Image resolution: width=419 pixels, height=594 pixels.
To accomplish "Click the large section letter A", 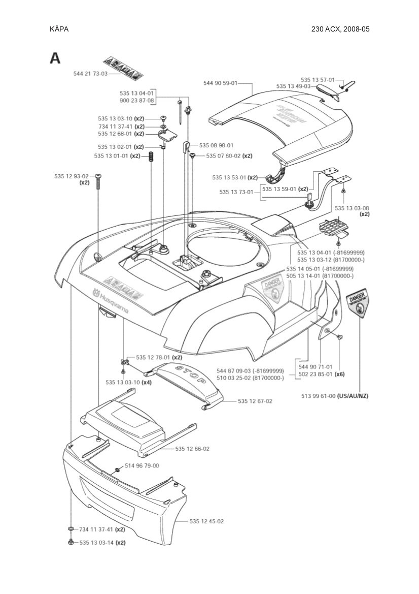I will tap(55, 58).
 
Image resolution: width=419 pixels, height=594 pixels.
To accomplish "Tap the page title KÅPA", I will tap(59, 29).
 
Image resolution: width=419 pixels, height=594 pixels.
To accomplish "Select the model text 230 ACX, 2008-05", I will tap(340, 29).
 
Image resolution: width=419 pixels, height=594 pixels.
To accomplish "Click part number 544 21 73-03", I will tap(90, 74).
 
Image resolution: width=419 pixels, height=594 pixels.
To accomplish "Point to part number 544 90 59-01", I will tap(220, 83).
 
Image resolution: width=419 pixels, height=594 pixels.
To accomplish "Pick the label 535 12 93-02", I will tap(71, 176).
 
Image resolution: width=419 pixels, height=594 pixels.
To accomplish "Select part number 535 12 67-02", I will tap(255, 401).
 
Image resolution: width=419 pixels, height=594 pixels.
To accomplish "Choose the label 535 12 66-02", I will tap(192, 449).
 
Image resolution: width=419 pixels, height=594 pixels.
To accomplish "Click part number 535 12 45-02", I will tap(206, 521).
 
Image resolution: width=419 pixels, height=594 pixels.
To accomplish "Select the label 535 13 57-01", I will tap(318, 80).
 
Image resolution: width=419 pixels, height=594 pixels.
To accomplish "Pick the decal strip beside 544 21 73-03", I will tap(123, 68).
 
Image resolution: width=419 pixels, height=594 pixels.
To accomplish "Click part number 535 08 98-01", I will tap(216, 145).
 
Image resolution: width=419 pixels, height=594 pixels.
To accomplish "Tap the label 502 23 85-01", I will tap(316, 374).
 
